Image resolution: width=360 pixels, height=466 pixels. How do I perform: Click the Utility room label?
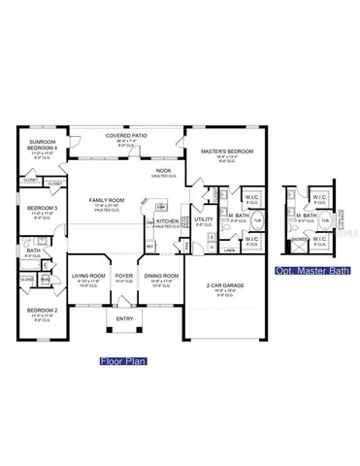pos(204,219)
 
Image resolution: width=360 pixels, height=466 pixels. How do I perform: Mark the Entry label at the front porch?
pos(125,319)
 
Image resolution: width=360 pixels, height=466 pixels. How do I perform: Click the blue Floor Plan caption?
pos(123,360)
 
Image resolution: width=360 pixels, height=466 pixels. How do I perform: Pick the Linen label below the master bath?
pos(229,250)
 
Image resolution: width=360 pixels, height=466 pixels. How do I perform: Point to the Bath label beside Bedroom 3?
pos(33,250)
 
